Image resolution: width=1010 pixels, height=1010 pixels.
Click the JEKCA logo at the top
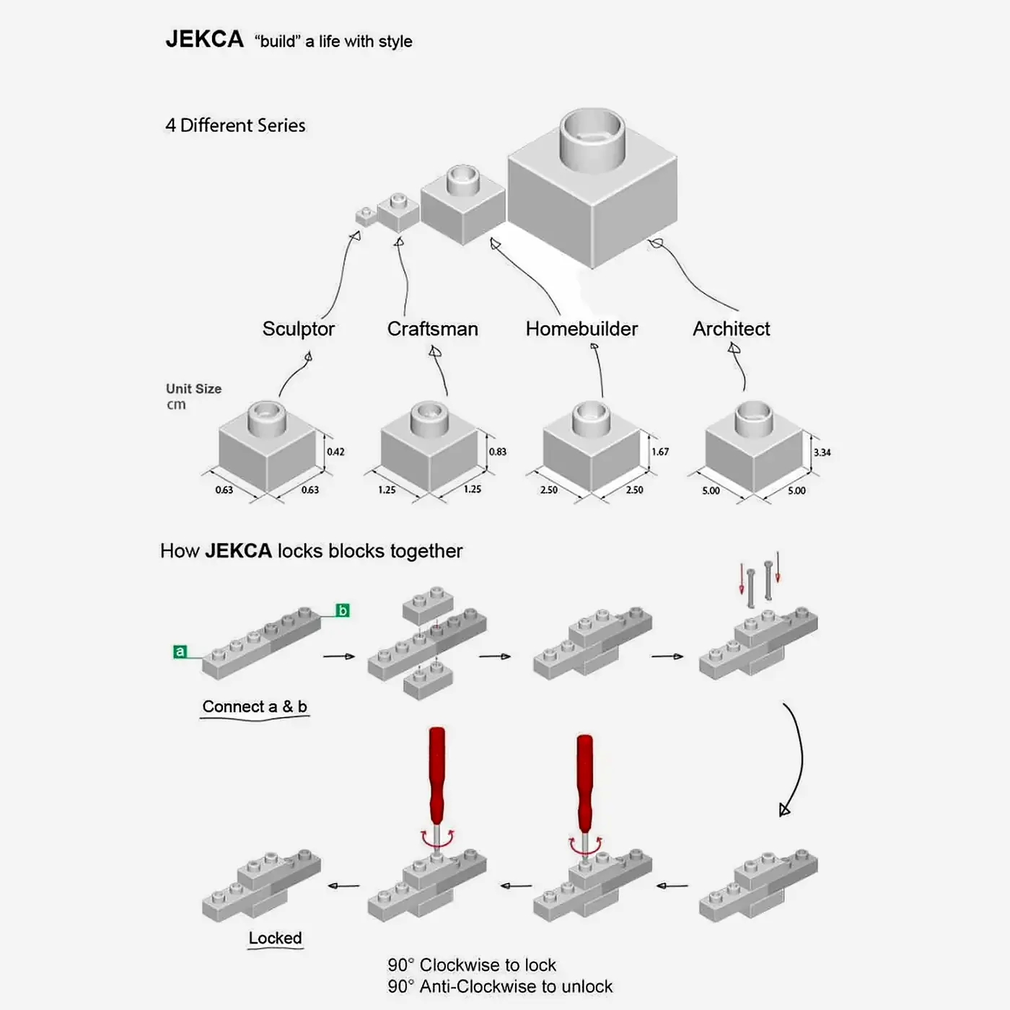click(x=204, y=39)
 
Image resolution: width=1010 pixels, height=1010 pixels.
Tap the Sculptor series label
click(x=299, y=329)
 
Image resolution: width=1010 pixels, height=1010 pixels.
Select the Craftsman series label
click(x=432, y=329)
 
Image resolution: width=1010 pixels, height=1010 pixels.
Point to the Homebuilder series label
click(x=581, y=329)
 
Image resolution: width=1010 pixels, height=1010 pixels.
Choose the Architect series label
click(x=731, y=329)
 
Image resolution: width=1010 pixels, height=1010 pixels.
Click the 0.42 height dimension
click(x=335, y=452)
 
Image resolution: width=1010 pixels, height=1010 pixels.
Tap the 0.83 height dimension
click(x=498, y=452)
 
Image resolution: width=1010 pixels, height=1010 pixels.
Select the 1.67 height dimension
click(x=660, y=452)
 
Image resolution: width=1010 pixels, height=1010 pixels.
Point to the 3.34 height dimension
click(x=822, y=452)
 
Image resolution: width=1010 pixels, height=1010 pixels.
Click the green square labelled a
click(x=180, y=651)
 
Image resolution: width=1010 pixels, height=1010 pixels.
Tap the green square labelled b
click(x=343, y=610)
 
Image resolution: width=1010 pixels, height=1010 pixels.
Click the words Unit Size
click(x=193, y=388)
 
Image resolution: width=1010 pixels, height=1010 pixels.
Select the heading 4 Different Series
click(x=235, y=126)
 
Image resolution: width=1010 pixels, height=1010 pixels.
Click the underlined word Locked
click(x=275, y=938)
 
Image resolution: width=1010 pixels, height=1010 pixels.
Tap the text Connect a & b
click(x=255, y=706)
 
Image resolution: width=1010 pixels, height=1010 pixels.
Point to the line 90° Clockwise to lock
click(x=472, y=965)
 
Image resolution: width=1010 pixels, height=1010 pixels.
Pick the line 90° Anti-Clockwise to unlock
click(x=500, y=986)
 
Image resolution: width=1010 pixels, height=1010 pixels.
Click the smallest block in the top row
click(x=366, y=216)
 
